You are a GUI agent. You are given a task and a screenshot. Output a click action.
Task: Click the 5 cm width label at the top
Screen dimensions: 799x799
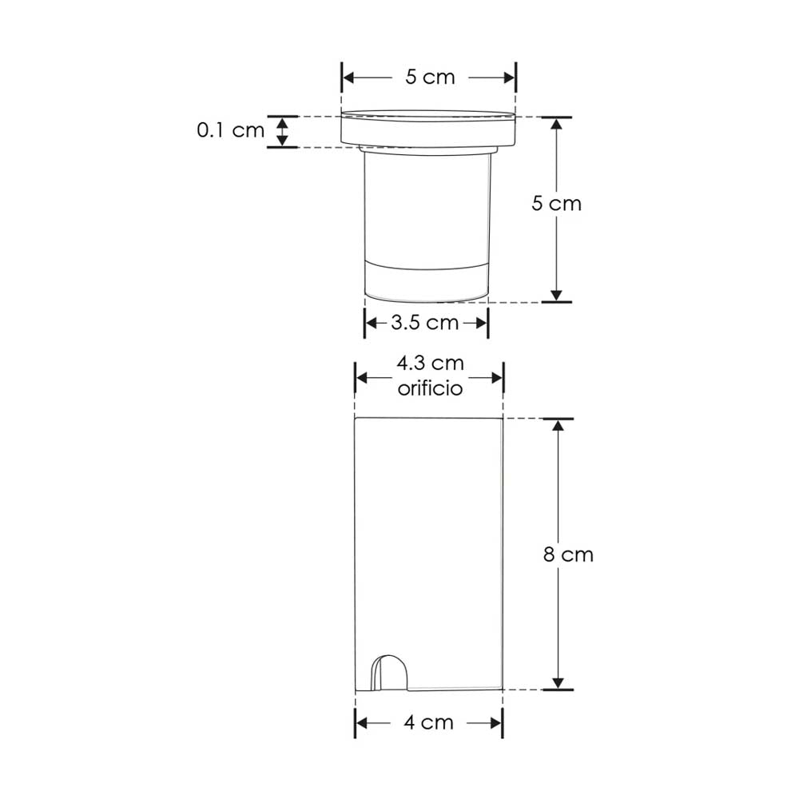point(429,78)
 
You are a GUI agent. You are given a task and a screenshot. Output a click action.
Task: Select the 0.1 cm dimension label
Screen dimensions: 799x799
point(230,130)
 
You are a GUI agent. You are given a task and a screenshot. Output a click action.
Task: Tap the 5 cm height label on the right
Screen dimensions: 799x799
point(557,203)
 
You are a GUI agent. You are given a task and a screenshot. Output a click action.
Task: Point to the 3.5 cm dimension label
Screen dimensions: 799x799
point(425,323)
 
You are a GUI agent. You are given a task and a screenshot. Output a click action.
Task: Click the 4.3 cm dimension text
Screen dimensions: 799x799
point(430,364)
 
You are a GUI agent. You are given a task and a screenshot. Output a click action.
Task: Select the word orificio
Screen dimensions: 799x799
point(430,388)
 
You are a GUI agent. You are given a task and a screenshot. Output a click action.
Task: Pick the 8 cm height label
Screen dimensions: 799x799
point(568,555)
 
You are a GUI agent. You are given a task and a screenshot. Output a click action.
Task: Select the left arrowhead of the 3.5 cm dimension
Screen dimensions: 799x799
point(371,323)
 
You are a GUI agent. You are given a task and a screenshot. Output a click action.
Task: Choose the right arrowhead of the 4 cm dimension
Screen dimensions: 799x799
point(496,722)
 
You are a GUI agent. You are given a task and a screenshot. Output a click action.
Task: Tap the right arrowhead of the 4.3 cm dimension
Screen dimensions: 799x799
point(496,377)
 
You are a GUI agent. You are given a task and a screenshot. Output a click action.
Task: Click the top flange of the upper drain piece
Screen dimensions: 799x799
point(429,128)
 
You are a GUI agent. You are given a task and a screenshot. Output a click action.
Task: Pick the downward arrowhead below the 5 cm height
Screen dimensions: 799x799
point(557,295)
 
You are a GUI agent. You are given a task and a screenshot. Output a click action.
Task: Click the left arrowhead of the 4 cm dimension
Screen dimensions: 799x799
point(361,722)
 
